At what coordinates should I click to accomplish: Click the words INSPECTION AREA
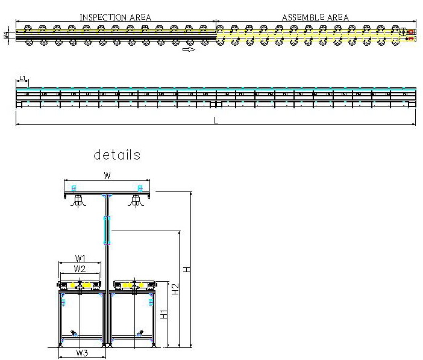115,17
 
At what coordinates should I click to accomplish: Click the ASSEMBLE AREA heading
315,17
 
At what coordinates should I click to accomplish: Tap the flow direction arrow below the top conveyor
189,50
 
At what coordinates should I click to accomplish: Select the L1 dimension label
22,78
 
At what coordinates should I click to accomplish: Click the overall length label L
215,120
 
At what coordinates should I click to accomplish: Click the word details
117,155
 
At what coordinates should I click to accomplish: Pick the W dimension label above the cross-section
107,176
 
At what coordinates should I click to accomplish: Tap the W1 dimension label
80,259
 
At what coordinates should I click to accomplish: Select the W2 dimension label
80,268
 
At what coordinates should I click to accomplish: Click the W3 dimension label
83,353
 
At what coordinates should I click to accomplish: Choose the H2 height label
175,289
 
